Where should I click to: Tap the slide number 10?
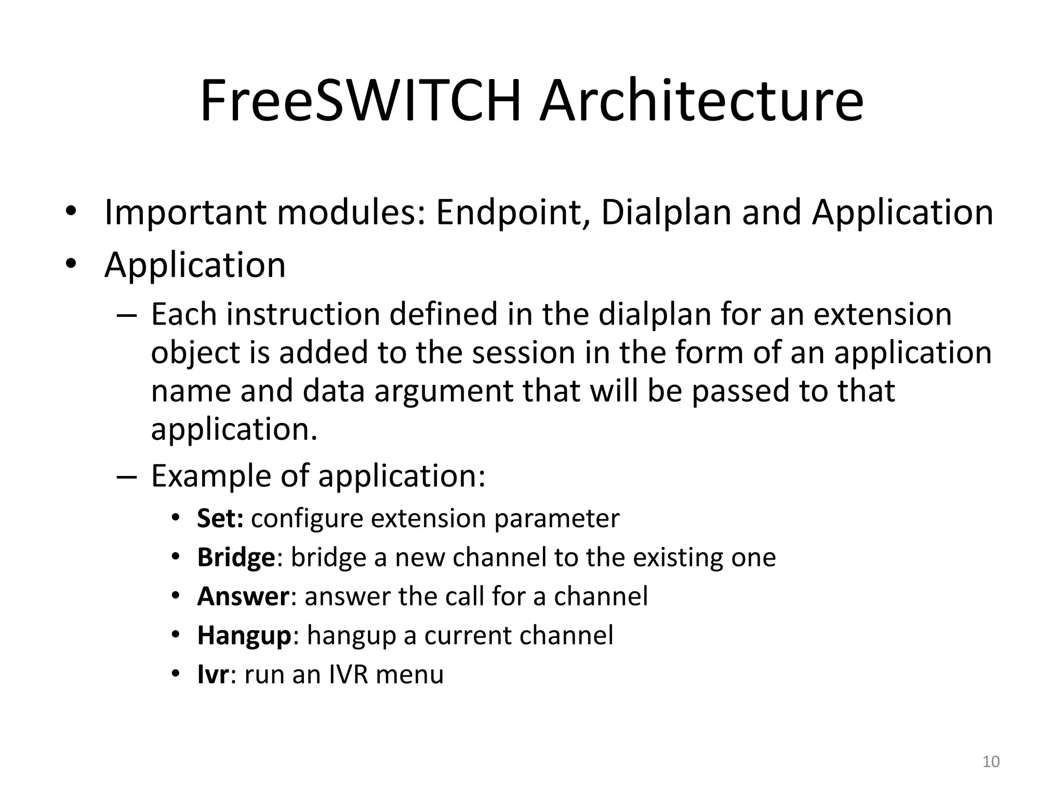tap(991, 762)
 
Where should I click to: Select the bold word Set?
tap(220, 518)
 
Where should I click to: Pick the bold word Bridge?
tap(236, 557)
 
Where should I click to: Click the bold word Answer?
tap(243, 596)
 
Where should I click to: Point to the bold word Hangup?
tap(244, 635)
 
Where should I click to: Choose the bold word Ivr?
tap(213, 674)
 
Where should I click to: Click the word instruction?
tap(303, 314)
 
